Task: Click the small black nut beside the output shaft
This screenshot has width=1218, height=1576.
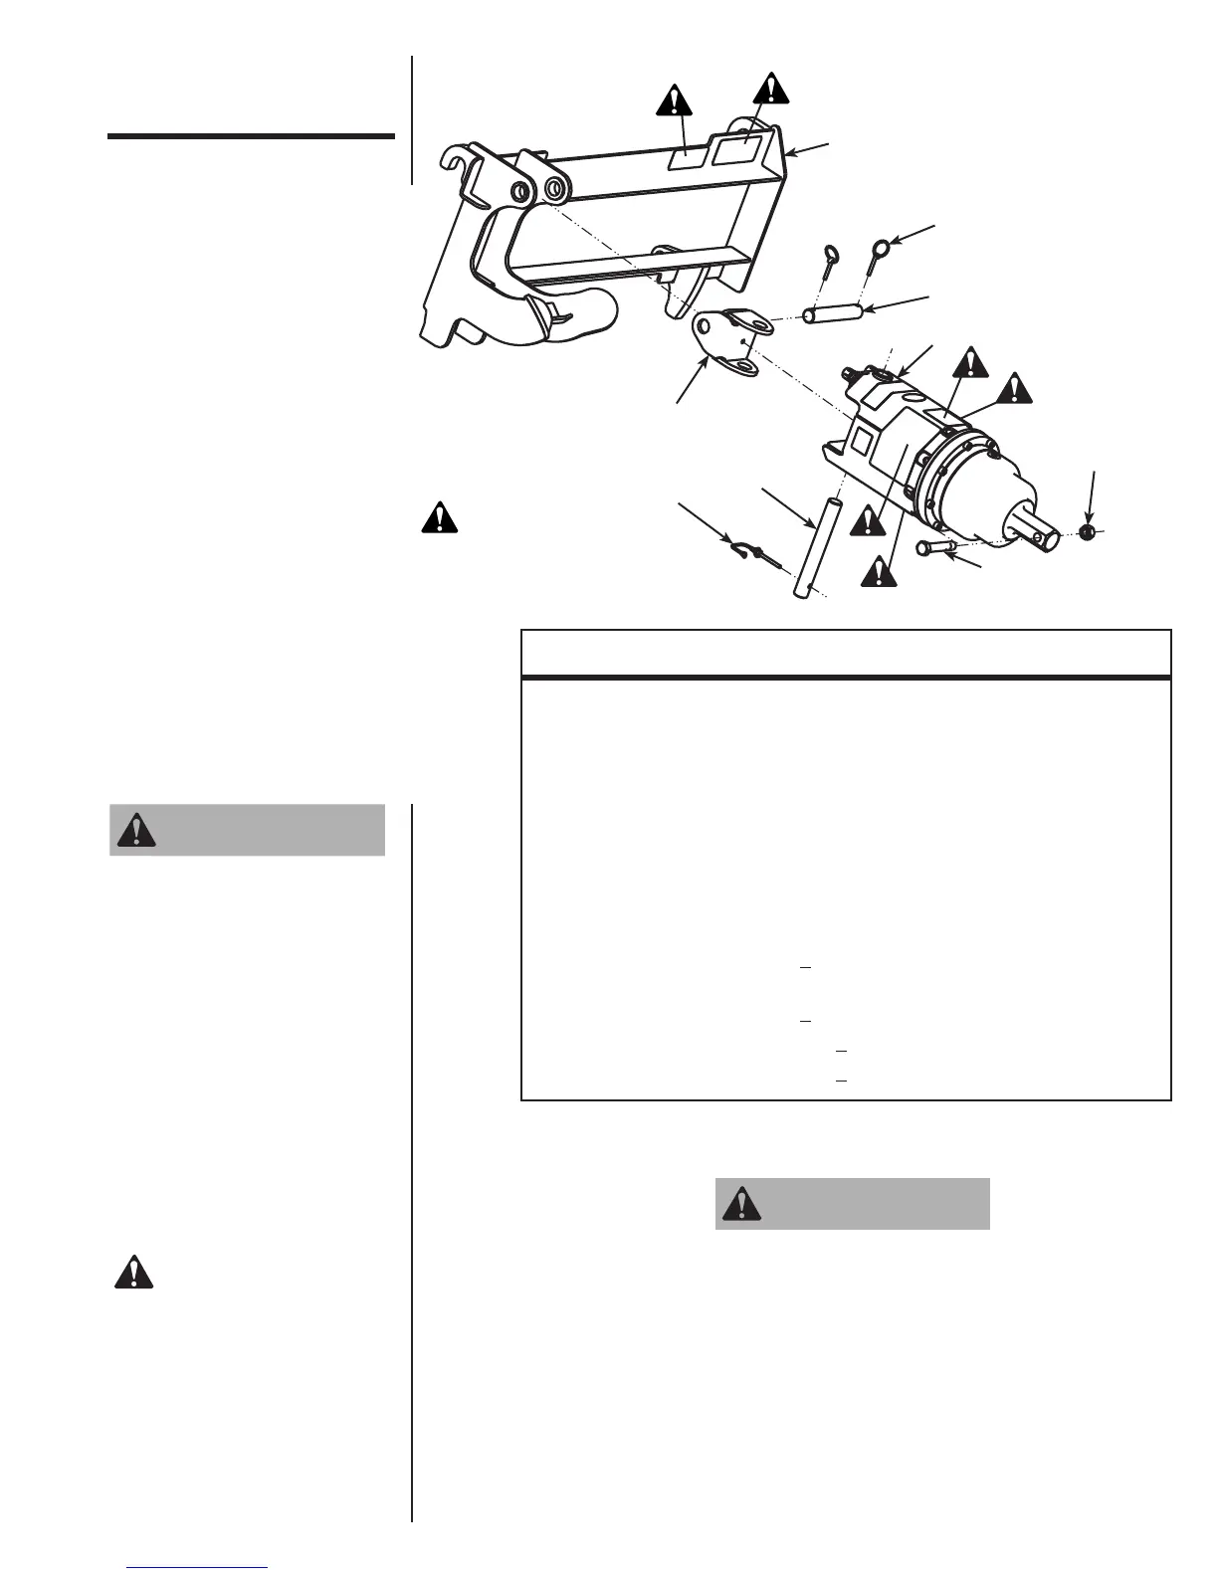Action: [x=1087, y=532]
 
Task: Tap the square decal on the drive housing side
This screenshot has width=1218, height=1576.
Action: [x=862, y=440]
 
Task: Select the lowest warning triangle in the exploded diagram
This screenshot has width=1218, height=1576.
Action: [x=878, y=571]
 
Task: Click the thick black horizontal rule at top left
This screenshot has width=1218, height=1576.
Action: [x=251, y=136]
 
